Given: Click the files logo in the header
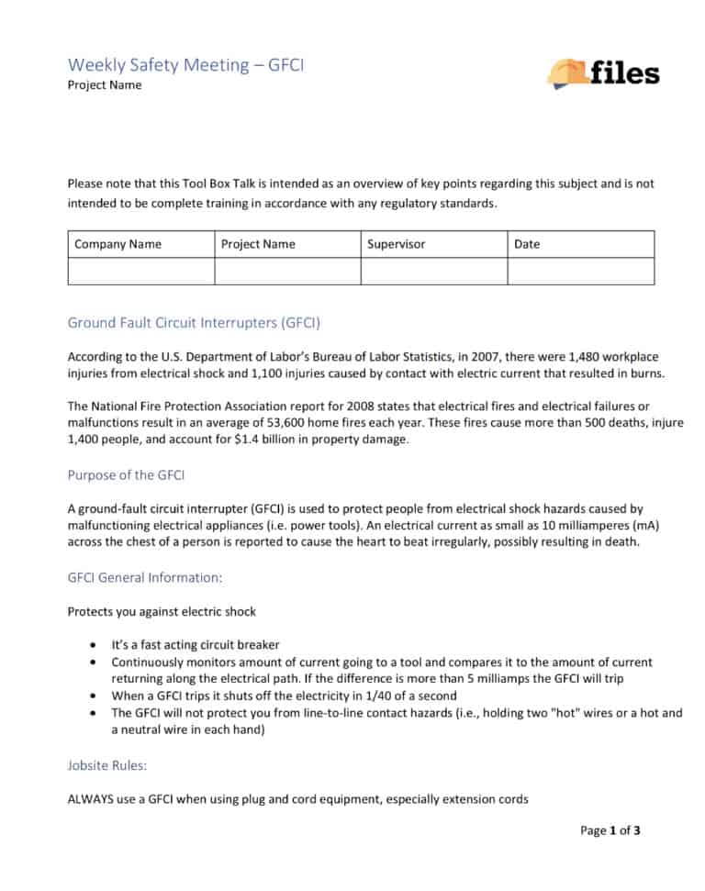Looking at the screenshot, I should point(602,72).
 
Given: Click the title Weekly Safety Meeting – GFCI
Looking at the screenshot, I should point(186,65).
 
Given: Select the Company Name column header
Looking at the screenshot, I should point(117,244).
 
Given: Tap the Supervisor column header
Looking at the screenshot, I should point(397,244).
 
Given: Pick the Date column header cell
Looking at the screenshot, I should point(527,244).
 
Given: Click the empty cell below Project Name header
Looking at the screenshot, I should point(287,272).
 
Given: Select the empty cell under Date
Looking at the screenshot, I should point(580,272).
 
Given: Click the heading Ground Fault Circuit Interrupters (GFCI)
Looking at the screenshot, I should point(194,323).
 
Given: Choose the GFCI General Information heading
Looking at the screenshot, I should point(145,578).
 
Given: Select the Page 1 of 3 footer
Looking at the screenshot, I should point(610,831).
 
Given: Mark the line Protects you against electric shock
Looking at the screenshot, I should point(162,611).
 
